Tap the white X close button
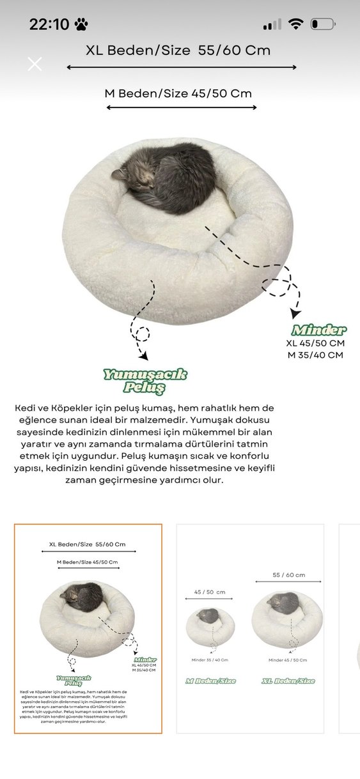tap(35, 63)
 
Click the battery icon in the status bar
tap(323, 25)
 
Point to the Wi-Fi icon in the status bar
tap(295, 24)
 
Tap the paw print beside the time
tap(81, 25)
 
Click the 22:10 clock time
tap(49, 24)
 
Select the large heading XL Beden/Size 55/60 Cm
tap(178, 50)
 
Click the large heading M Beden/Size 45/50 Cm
tap(178, 93)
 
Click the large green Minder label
tap(318, 330)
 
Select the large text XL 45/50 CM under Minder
tap(315, 343)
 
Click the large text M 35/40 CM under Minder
tap(315, 355)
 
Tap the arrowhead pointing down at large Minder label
tap(295, 314)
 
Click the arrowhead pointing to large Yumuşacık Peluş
tap(144, 355)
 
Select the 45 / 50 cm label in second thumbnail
tap(210, 592)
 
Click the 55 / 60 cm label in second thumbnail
tap(288, 575)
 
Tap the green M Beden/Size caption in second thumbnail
tap(210, 681)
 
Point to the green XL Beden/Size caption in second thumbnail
tap(288, 681)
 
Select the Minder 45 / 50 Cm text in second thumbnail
tap(288, 660)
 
